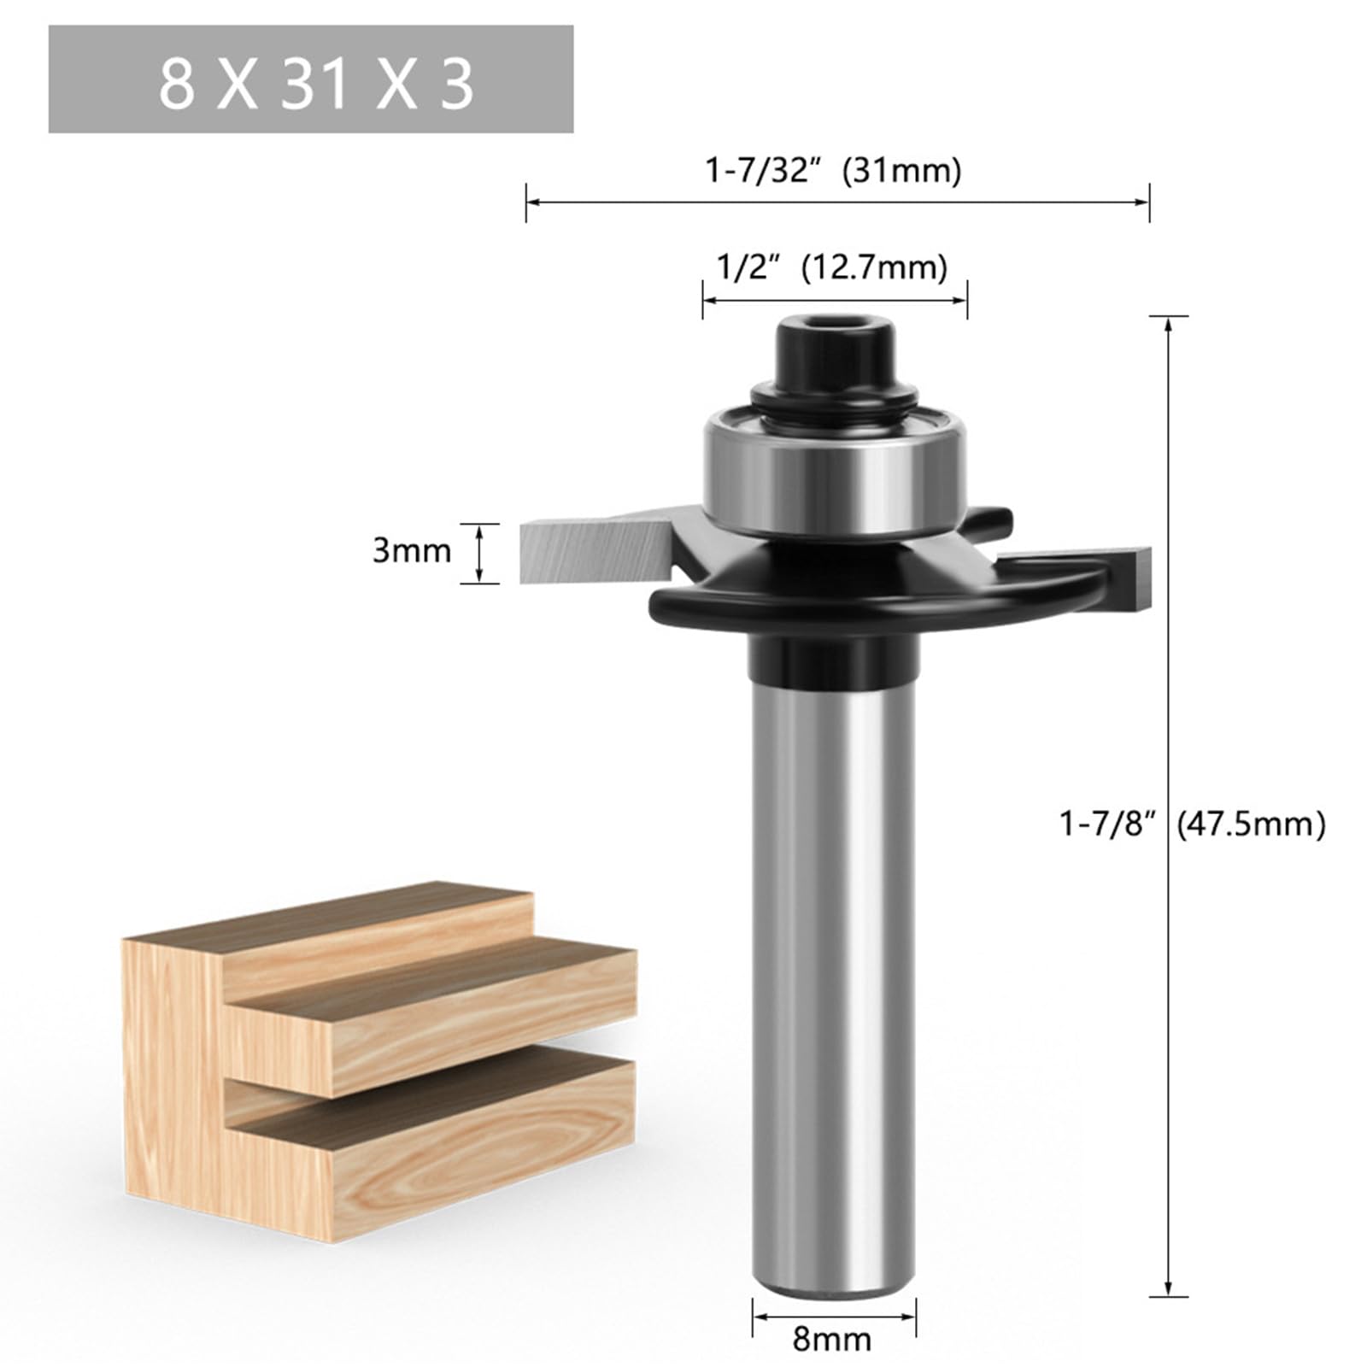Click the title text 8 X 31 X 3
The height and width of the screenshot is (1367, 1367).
pos(315,84)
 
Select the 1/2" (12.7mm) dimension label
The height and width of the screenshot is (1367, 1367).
pos(831,267)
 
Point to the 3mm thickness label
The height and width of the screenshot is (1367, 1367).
pos(411,551)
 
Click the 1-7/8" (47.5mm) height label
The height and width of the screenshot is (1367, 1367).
pos(1193,824)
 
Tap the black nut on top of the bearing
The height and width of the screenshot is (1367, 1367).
pos(835,359)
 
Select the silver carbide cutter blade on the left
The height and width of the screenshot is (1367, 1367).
pos(590,551)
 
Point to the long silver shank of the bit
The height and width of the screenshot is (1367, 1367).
pos(833,983)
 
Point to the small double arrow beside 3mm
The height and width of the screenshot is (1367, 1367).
pos(480,553)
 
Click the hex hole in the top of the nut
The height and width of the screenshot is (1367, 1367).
pos(835,326)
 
